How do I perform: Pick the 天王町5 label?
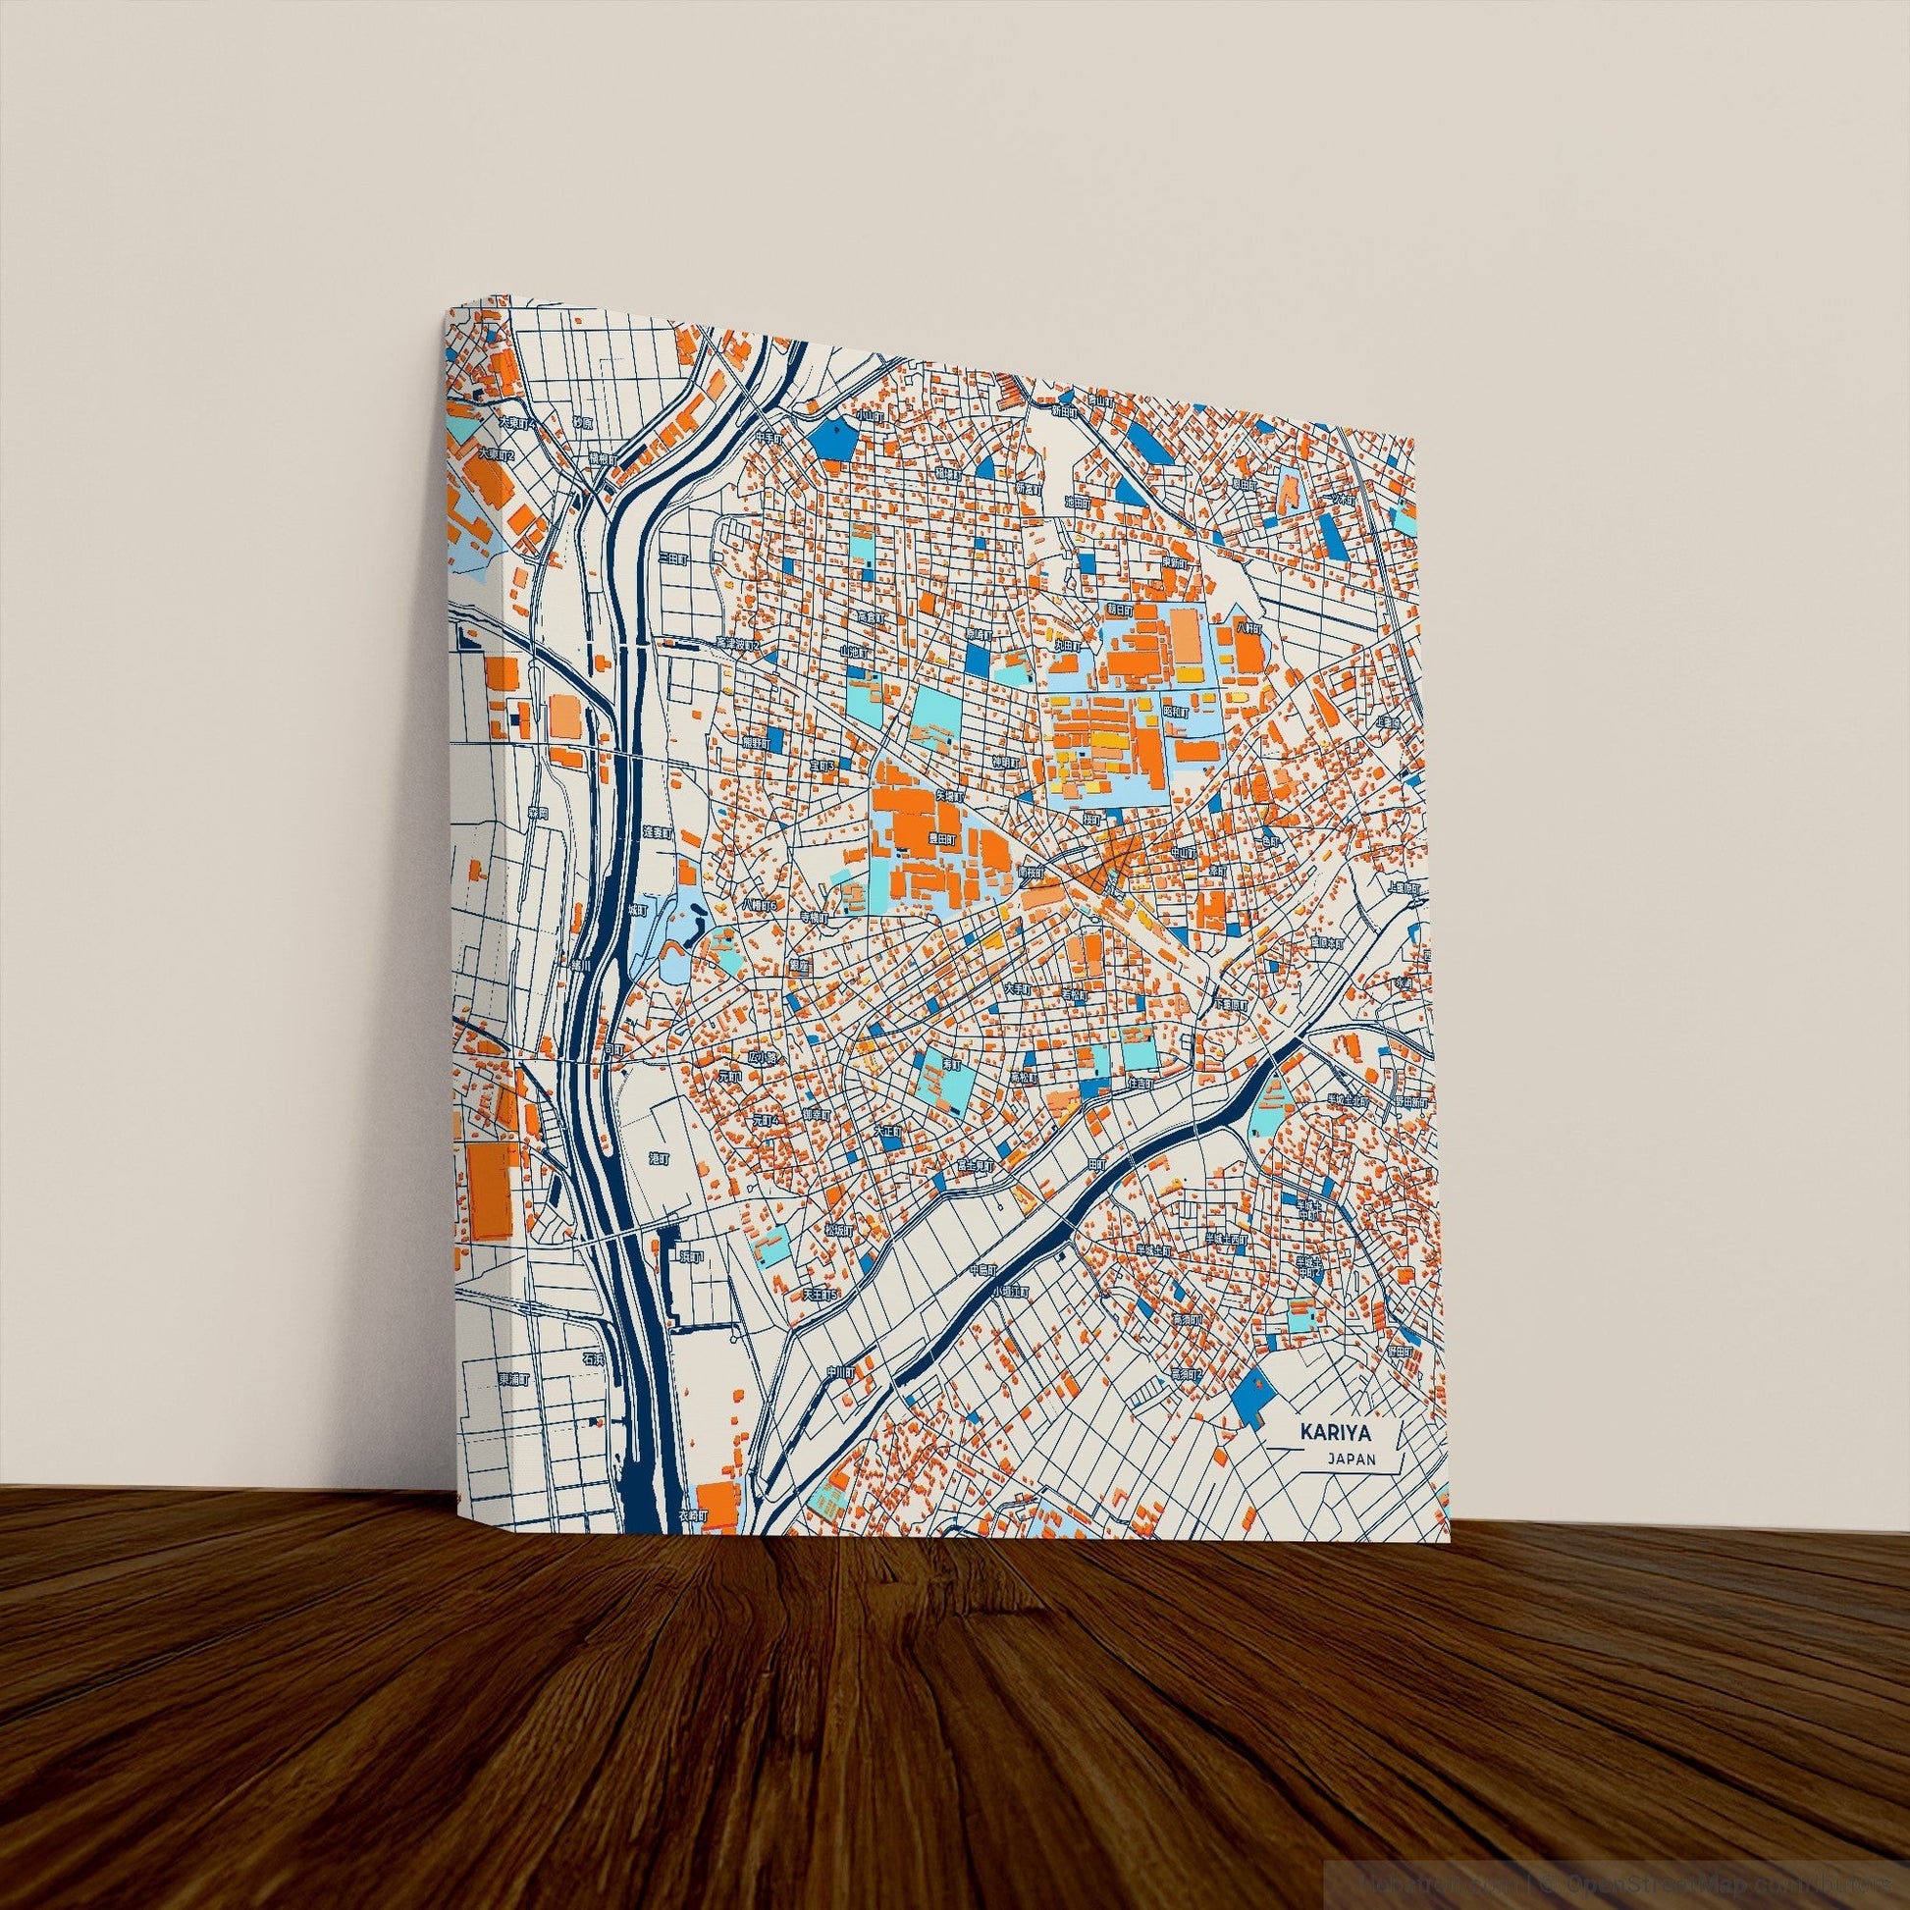click(821, 1294)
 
